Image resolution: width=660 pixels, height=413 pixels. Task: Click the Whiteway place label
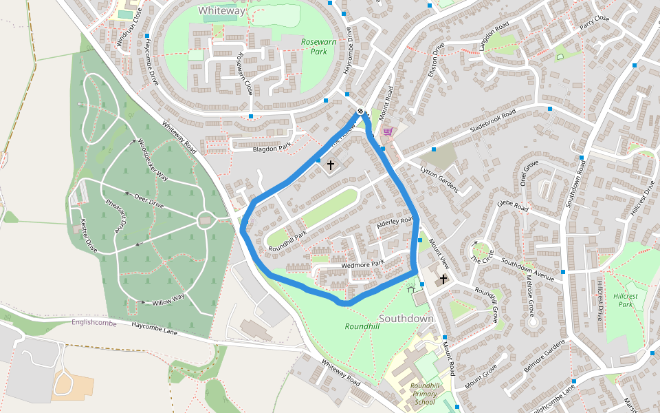pos(221,10)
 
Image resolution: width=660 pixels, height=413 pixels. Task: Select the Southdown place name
pos(406,319)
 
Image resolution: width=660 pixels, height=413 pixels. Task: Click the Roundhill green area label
pos(362,326)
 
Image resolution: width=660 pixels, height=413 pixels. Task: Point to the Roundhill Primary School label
pos(424,394)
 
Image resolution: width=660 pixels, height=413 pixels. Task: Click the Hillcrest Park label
pos(625,299)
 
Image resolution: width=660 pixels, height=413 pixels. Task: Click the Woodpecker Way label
pos(153,160)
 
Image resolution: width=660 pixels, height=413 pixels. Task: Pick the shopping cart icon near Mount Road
pos(388,131)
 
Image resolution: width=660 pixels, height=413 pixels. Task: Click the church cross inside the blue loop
pos(330,165)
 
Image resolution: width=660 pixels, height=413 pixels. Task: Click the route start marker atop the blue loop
pos(360,111)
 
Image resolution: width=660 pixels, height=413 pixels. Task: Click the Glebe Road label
pos(512,206)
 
